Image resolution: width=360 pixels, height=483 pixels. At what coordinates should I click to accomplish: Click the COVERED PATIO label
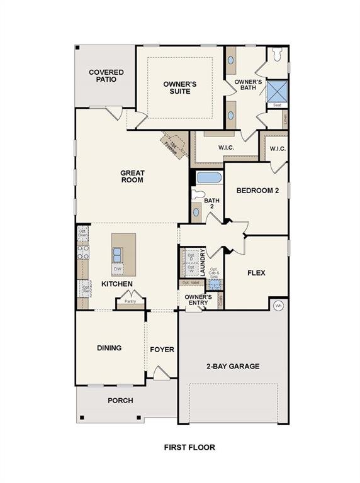pos(106,76)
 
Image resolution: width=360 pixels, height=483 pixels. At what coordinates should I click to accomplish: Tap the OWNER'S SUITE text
pos(177,87)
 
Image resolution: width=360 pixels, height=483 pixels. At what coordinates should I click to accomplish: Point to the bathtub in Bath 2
pos(208,177)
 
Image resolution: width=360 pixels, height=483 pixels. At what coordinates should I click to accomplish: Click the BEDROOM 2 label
pos(257,191)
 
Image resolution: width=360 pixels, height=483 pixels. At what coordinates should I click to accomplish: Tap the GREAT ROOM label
pos(132,177)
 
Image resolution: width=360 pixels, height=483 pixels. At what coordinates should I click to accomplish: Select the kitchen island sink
pos(118,254)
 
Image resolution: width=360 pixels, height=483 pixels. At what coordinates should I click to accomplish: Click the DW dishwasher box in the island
pos(118,269)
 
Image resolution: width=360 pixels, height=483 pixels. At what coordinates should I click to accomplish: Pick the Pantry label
pos(130,301)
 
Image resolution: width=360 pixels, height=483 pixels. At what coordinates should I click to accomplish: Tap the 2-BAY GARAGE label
pos(233,366)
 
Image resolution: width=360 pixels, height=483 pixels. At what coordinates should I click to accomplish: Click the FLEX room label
pos(256,273)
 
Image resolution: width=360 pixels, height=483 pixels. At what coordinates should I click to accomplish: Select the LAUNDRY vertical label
pos(203,262)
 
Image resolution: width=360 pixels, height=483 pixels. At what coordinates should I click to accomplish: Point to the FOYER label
pos(162,350)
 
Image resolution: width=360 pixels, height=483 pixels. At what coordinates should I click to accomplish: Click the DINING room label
pos(109,348)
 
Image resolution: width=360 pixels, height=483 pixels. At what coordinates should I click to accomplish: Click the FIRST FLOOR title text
pos(189,448)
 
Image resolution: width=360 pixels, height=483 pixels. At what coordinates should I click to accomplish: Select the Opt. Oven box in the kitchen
pos(82,233)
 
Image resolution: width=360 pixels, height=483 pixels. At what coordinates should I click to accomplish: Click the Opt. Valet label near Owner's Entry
pos(190,283)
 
